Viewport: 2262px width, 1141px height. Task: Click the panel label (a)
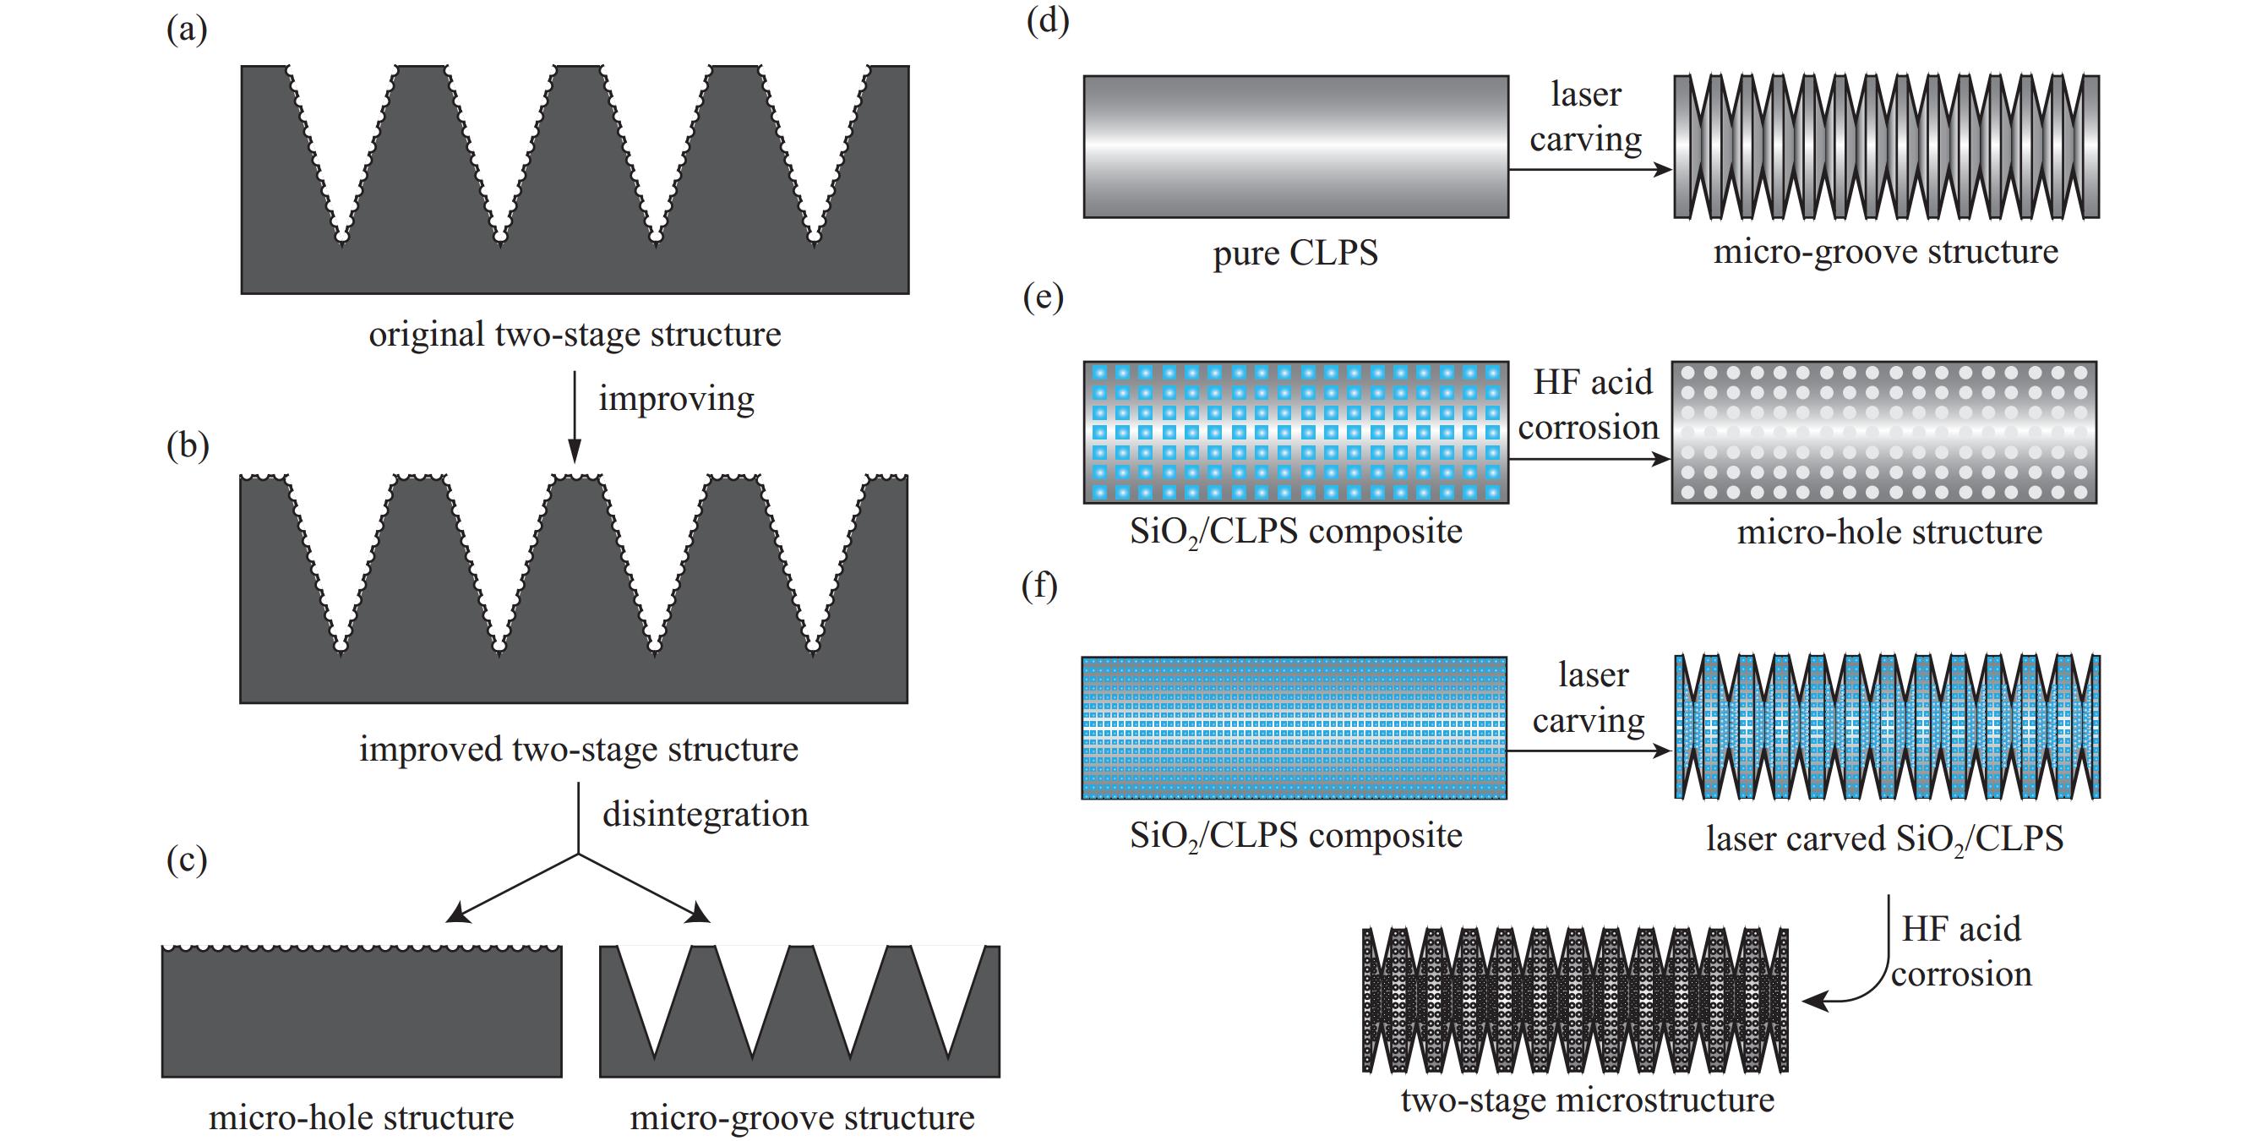pyautogui.click(x=186, y=30)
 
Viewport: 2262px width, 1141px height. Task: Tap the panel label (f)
pyautogui.click(x=1038, y=585)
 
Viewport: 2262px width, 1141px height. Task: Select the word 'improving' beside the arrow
pyautogui.click(x=676, y=399)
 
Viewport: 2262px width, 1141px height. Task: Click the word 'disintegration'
pyautogui.click(x=705, y=814)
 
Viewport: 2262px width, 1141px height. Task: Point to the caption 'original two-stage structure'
pyautogui.click(x=575, y=335)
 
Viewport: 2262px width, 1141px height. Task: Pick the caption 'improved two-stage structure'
pyautogui.click(x=579, y=749)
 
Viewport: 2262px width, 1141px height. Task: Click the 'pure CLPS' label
pyautogui.click(x=1295, y=253)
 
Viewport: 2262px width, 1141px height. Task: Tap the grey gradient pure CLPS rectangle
pyautogui.click(x=1295, y=146)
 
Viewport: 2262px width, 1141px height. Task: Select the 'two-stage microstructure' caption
pyautogui.click(x=1587, y=1100)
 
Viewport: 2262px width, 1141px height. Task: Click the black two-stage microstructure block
pyautogui.click(x=1574, y=1000)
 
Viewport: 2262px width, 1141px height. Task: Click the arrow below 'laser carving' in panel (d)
pyautogui.click(x=1589, y=170)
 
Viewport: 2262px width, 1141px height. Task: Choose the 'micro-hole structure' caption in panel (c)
pyautogui.click(x=361, y=1117)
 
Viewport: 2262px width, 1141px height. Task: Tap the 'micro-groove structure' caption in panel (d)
pyautogui.click(x=1885, y=252)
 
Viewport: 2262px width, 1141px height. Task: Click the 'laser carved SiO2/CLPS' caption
pyautogui.click(x=1884, y=838)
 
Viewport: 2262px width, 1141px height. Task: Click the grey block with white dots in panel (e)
pyautogui.click(x=1883, y=432)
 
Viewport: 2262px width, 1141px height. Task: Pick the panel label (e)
pyautogui.click(x=1044, y=297)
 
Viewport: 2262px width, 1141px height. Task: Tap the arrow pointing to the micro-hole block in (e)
pyautogui.click(x=1589, y=458)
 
